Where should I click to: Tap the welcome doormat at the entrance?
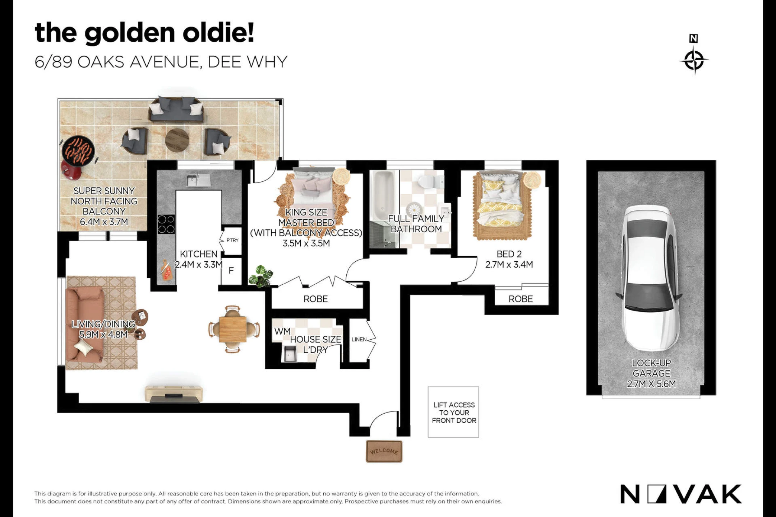click(x=384, y=451)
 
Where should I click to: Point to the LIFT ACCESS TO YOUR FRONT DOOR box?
click(x=453, y=412)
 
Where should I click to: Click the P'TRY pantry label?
click(x=232, y=240)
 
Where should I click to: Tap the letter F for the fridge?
click(x=231, y=270)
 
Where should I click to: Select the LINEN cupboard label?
click(x=359, y=339)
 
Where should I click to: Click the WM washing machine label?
click(x=282, y=331)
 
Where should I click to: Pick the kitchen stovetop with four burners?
click(x=166, y=224)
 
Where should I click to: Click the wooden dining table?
click(x=233, y=329)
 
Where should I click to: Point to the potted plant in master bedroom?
click(x=261, y=276)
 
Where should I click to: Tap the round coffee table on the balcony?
click(x=177, y=140)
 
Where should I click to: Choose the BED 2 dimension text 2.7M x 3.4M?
click(x=509, y=265)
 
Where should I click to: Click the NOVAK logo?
click(x=681, y=494)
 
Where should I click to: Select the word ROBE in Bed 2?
click(x=521, y=299)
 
